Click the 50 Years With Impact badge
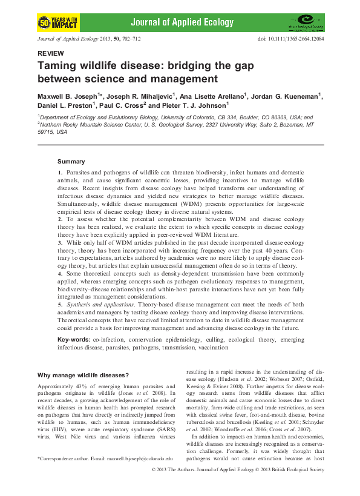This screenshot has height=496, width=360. (57, 23)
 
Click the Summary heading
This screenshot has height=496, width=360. (71, 162)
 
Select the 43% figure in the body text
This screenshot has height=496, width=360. (90, 386)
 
